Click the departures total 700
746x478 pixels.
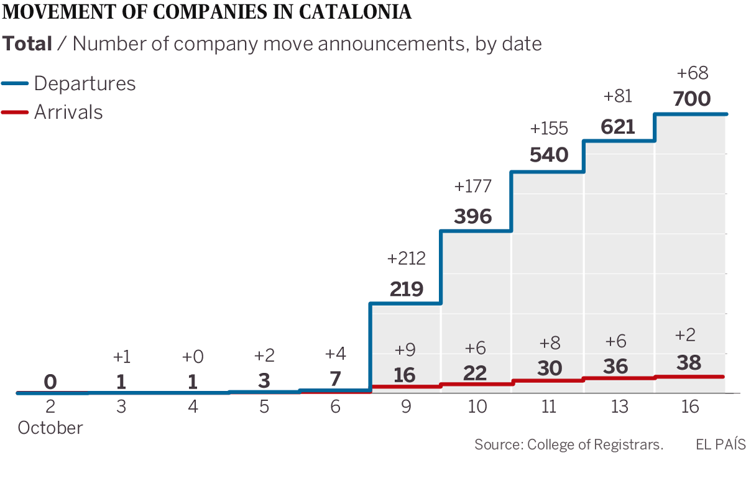pos(691,99)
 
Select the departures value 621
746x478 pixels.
pos(618,127)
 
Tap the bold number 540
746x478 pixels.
pos(549,155)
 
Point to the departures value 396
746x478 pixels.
pos(472,217)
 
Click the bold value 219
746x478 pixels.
pos(407,289)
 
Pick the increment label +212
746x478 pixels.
pos(406,259)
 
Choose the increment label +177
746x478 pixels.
pos(472,186)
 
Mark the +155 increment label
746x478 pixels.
pos(549,129)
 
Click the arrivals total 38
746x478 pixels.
pos(689,363)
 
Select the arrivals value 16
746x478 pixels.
pos(404,375)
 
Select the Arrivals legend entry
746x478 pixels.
pos(68,112)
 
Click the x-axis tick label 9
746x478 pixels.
pos(405,407)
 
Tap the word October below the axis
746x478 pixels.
pos(50,428)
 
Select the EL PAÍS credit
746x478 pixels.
pos(719,444)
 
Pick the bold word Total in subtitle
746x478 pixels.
pos(27,44)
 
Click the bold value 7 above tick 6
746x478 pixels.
pos(335,379)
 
